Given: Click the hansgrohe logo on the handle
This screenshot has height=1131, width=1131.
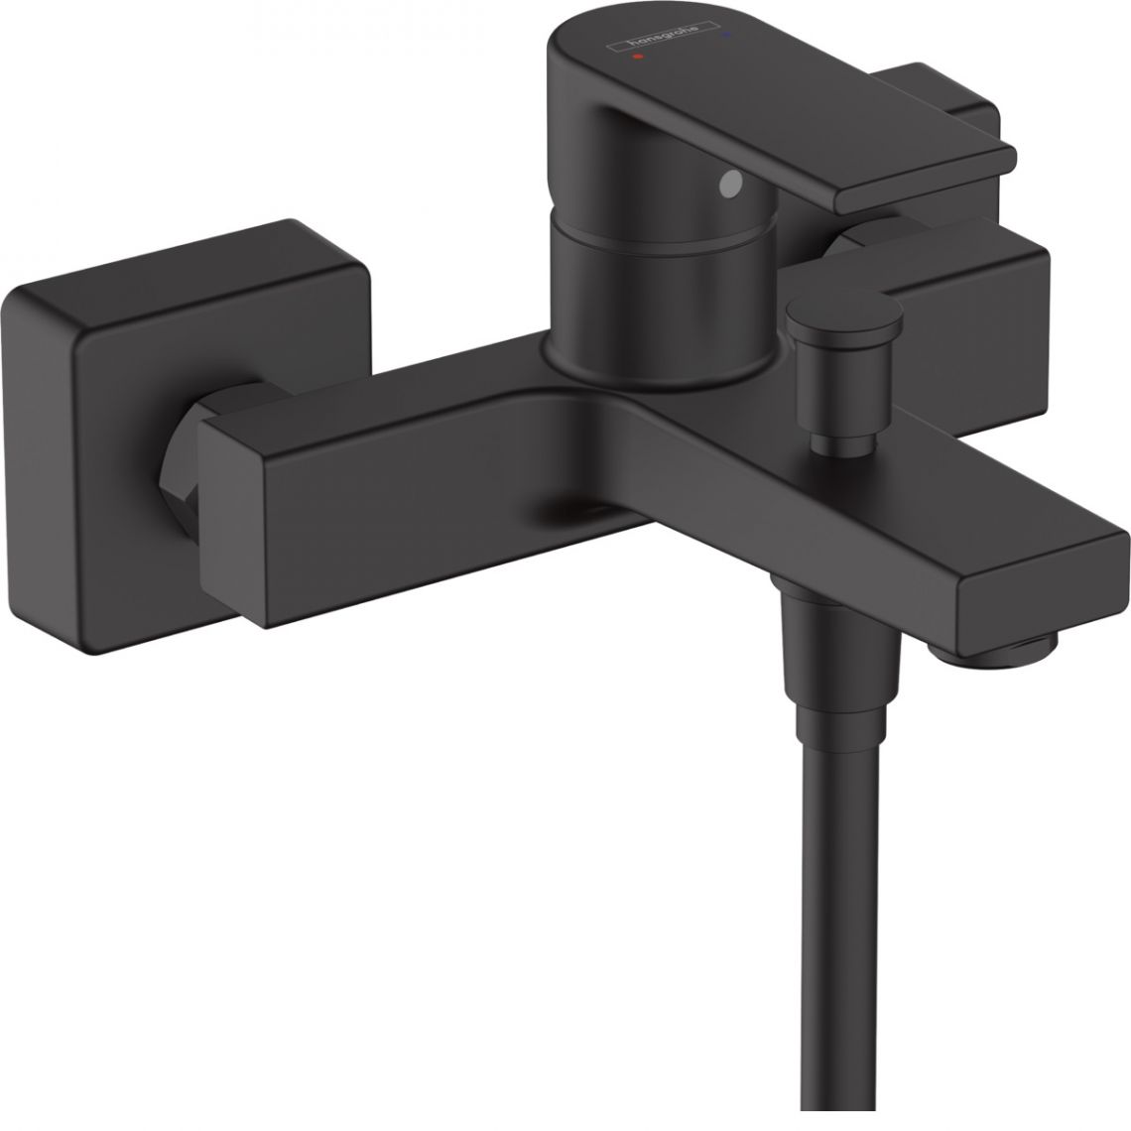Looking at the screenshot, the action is [664, 36].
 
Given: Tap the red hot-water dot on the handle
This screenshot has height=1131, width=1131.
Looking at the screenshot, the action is [636, 57].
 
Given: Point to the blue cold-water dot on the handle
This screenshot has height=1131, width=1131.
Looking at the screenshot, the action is [725, 33].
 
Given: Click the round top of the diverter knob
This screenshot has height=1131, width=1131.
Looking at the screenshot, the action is [844, 313].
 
